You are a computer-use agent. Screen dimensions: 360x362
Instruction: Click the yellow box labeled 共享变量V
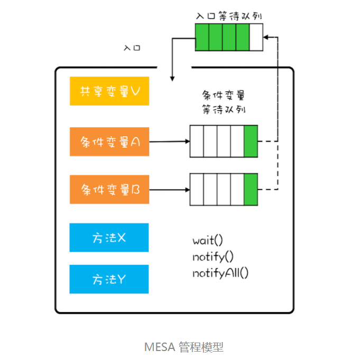(109, 91)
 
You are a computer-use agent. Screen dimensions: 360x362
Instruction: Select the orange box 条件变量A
(109, 141)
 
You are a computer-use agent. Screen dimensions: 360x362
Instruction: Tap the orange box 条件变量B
(109, 189)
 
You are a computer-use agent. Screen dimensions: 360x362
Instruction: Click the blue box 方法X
(109, 238)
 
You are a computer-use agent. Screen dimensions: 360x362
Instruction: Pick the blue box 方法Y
(109, 279)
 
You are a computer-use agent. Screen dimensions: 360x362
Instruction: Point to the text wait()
(208, 241)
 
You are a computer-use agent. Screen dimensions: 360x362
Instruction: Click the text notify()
(213, 257)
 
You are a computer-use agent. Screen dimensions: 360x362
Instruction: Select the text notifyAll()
(220, 273)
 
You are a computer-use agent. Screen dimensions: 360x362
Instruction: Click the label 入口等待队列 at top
(229, 16)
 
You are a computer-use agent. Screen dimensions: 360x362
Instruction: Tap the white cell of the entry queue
(256, 37)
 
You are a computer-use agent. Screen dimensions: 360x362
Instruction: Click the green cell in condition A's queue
(250, 141)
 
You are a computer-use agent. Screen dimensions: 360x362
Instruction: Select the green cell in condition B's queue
(250, 189)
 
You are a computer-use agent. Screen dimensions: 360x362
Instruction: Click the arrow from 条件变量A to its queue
(169, 141)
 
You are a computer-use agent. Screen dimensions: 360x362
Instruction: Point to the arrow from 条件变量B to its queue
(169, 189)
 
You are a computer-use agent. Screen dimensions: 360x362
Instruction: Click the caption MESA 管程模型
(184, 347)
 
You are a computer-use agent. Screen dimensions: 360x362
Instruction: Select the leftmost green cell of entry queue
(202, 37)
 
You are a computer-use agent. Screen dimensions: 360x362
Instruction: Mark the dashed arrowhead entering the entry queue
(266, 37)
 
